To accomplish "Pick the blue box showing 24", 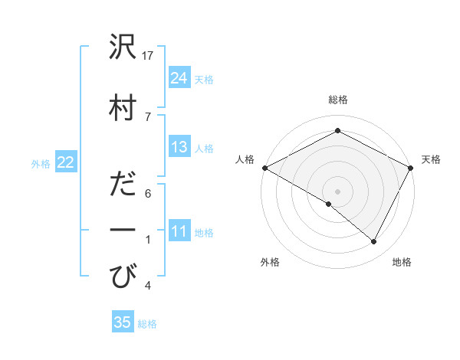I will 179,77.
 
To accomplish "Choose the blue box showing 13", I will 179,147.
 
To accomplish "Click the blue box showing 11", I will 179,231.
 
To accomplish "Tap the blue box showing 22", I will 66,162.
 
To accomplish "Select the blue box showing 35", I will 123,322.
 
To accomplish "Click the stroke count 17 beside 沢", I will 149,56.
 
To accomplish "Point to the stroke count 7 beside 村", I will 148,116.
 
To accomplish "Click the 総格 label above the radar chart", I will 337,100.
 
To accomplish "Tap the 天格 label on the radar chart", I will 431,159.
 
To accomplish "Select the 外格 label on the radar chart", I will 270,262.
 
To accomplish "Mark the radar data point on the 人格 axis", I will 264,168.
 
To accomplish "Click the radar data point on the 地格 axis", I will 374,242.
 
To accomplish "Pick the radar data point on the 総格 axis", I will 337,131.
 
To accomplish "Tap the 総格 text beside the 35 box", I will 147,324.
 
